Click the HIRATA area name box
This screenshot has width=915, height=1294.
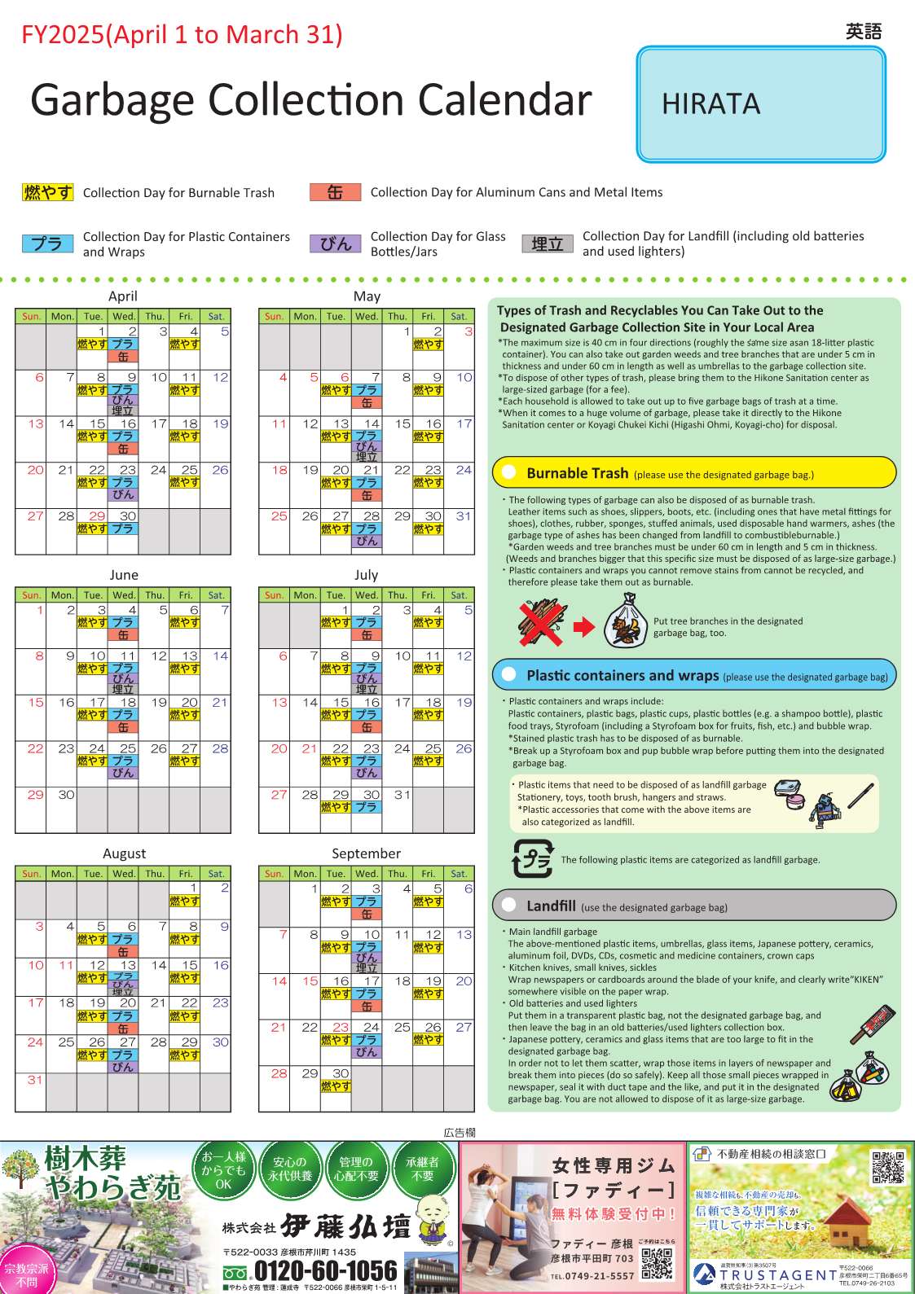[x=760, y=103]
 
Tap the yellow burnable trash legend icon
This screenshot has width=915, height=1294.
[x=48, y=192]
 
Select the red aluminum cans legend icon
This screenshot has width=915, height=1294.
[x=335, y=192]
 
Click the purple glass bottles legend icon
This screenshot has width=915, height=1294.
[x=335, y=243]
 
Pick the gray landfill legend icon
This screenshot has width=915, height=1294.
[x=547, y=243]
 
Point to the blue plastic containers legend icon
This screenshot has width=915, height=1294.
[x=48, y=243]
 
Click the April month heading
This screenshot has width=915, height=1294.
[x=123, y=296]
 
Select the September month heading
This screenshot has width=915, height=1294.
[x=366, y=853]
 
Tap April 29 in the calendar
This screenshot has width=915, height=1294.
[x=97, y=516]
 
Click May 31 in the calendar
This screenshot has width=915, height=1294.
[x=464, y=516]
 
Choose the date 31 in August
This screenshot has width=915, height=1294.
[x=35, y=1080]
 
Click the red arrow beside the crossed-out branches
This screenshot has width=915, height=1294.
[x=584, y=627]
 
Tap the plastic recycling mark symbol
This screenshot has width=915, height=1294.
[x=532, y=859]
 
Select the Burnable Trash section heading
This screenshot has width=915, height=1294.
[x=577, y=473]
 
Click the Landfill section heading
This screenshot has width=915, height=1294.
[x=551, y=906]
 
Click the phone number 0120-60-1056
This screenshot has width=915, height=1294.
[x=325, y=1271]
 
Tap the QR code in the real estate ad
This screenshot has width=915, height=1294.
[x=887, y=1167]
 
